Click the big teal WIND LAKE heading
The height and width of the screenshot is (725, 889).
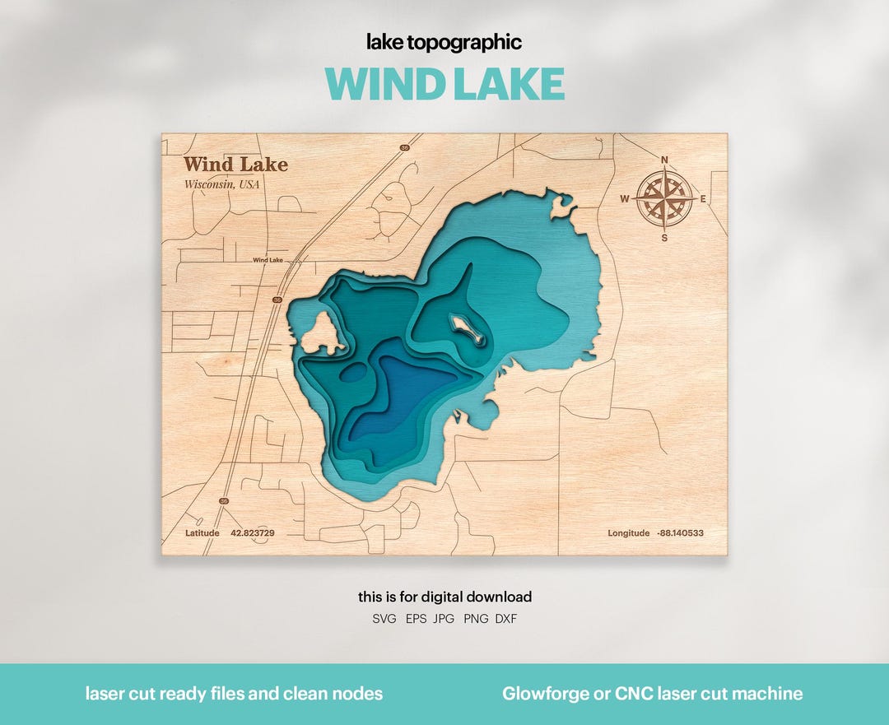444,84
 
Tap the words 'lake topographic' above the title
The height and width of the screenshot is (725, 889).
444,43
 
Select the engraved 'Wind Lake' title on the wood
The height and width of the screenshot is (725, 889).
235,165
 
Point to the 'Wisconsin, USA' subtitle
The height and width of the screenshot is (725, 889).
221,184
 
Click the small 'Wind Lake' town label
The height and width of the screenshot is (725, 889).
268,260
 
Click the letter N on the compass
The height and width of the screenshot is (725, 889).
664,160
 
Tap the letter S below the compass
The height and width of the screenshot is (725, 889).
664,238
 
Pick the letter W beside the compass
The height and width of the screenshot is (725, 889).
625,199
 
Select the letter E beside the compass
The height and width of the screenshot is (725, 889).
703,199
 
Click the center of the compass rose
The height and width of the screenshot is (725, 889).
664,199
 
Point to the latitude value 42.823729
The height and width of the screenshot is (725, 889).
253,533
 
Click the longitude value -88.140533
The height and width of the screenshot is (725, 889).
680,533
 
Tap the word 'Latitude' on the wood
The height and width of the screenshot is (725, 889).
202,533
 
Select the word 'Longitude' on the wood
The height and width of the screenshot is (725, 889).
629,533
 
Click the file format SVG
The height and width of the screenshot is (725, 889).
384,619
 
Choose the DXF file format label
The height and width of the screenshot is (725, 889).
506,619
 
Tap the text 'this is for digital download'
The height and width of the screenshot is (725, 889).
444,597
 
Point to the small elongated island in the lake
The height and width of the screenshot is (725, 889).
467,330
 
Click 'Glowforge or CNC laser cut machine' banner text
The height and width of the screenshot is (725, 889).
653,694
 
